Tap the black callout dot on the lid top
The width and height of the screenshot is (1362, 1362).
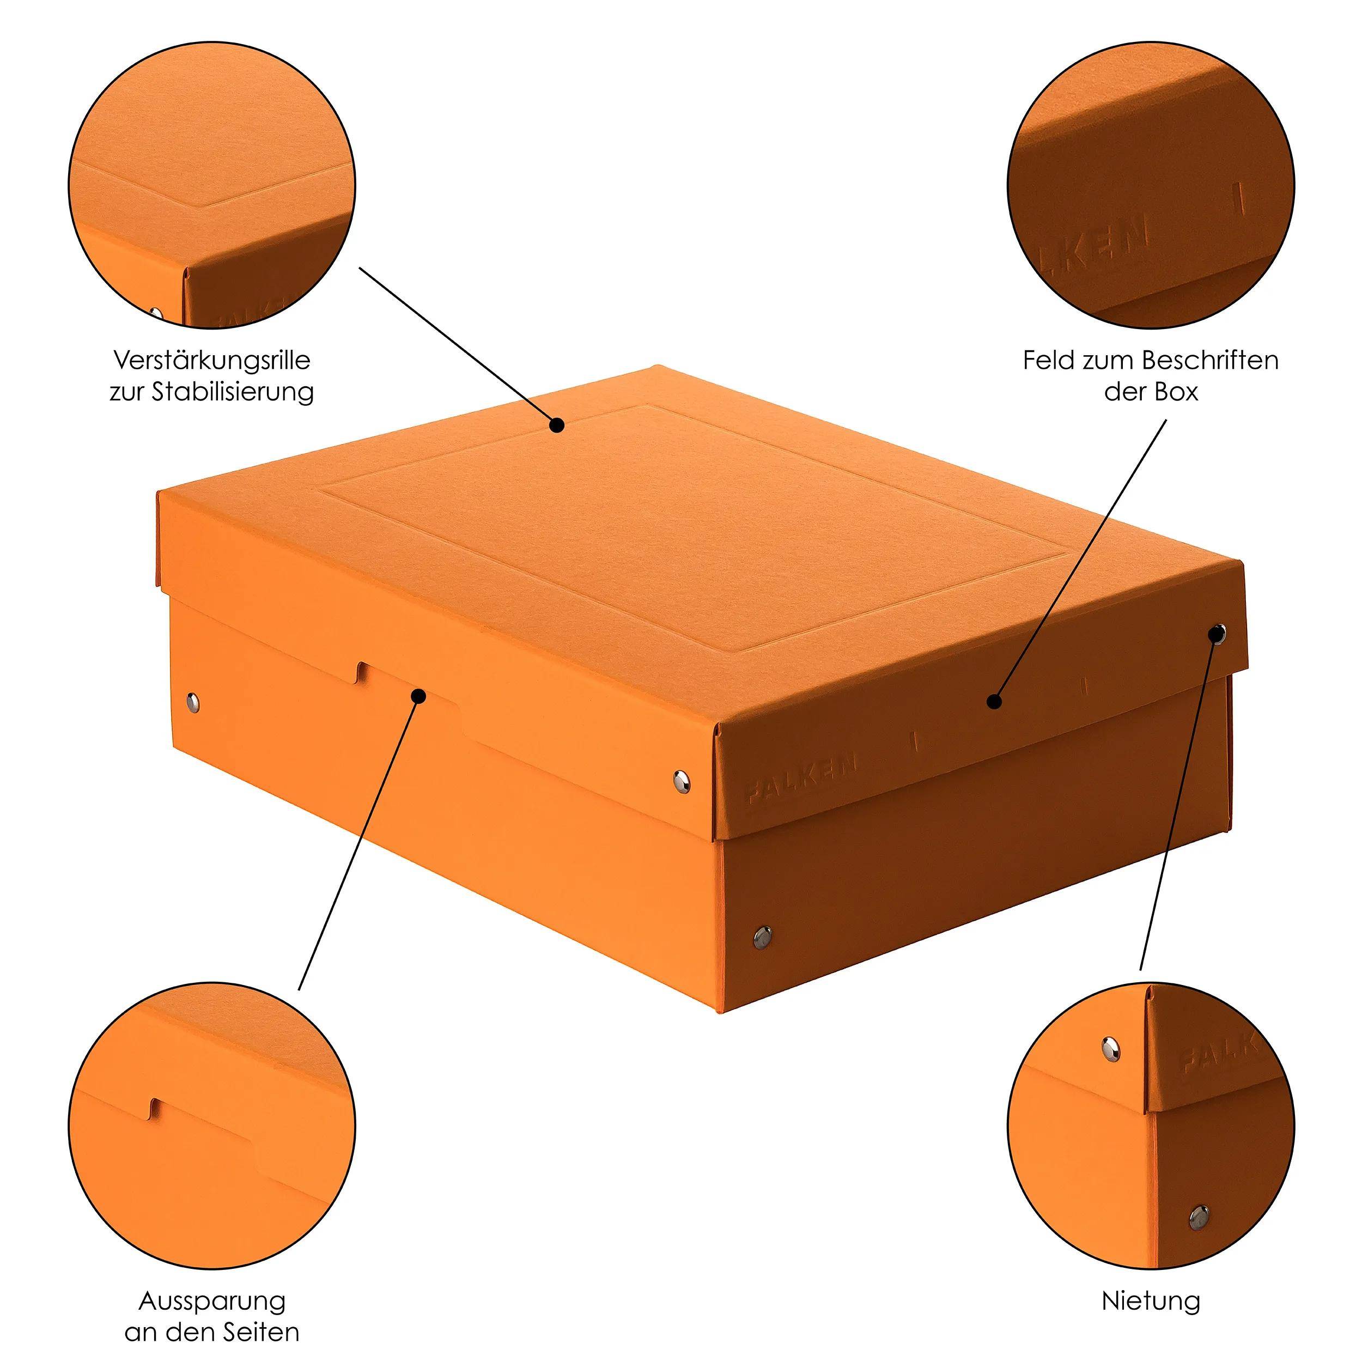[557, 425]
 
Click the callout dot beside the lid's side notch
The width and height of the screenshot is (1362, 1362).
[419, 696]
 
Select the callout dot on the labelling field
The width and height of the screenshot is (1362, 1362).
[995, 701]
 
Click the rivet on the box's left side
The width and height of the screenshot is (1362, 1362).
[192, 702]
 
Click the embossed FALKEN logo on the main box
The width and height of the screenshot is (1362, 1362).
[801, 779]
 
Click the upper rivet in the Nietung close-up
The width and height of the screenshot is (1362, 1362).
[1111, 1048]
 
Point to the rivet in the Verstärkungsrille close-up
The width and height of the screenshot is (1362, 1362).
[156, 312]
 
